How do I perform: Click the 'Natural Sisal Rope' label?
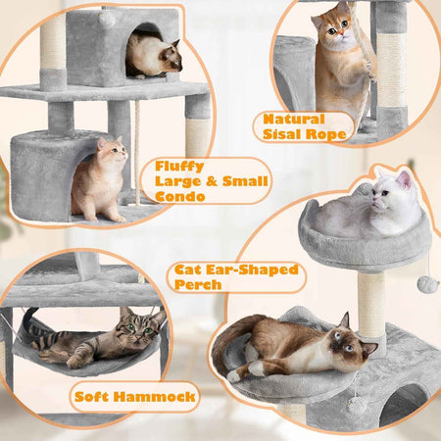point(305,126)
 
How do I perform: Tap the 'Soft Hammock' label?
point(135,398)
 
